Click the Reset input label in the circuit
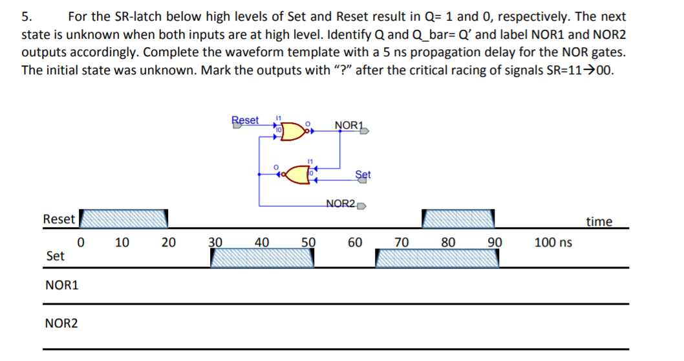coord(245,120)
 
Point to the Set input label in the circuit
coord(363,174)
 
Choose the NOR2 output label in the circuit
coord(341,204)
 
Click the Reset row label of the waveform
coord(59,219)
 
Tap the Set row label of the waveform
coord(56,256)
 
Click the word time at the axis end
coord(599,222)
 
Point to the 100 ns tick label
coord(553,243)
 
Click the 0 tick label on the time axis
coord(81,243)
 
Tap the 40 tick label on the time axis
coord(262,243)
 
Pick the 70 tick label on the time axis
coord(401,243)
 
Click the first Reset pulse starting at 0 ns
coord(123,219)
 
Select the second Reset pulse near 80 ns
coord(460,219)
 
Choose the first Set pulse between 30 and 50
coord(262,259)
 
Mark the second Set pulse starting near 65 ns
coord(437,259)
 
